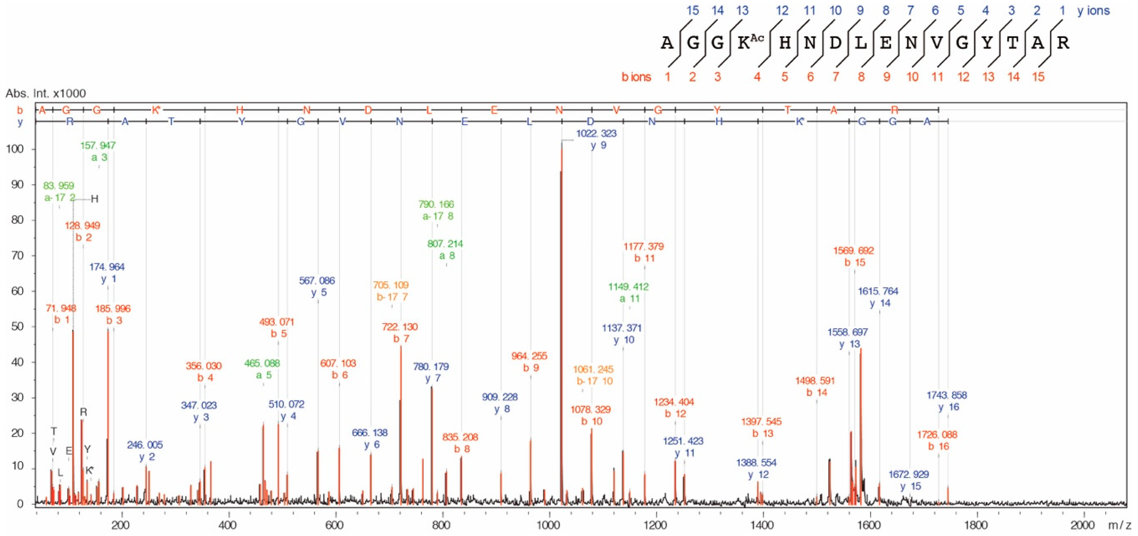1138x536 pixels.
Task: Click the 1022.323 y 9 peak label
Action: tap(596, 139)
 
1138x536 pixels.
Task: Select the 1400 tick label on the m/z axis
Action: tap(762, 525)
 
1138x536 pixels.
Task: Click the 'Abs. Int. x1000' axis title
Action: tap(45, 93)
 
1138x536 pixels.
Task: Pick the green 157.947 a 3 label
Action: tap(98, 151)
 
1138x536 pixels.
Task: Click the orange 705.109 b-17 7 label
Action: tap(391, 291)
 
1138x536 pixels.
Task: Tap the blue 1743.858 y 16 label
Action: tap(947, 401)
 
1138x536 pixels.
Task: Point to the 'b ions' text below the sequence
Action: tap(636, 77)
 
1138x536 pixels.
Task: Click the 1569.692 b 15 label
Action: tap(853, 256)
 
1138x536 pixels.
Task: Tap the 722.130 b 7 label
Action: tap(400, 333)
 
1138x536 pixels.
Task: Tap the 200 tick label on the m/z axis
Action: tap(121, 525)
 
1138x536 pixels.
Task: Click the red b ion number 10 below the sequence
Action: tap(912, 77)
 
